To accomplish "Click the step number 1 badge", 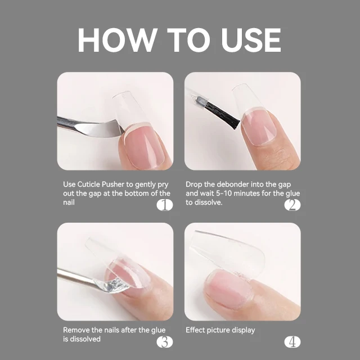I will click(x=164, y=205).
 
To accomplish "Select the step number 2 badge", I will click(x=292, y=205).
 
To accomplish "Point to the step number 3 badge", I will click(x=164, y=341).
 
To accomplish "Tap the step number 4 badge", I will click(x=292, y=341).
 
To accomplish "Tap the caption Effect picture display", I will click(x=220, y=330).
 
